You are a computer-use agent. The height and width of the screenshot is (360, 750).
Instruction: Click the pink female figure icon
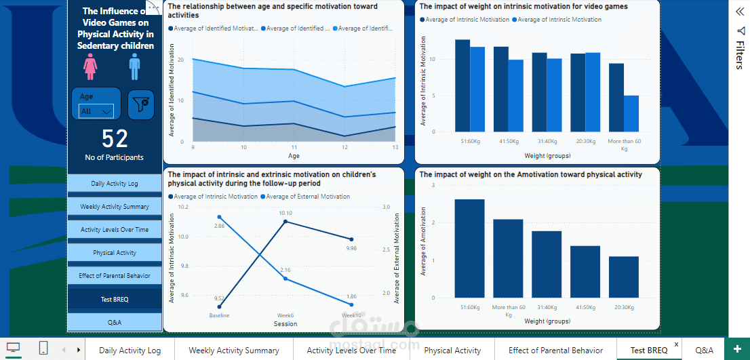click(x=90, y=68)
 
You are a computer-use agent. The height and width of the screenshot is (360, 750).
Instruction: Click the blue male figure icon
click(x=134, y=68)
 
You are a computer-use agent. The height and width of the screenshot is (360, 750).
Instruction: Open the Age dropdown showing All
click(x=96, y=111)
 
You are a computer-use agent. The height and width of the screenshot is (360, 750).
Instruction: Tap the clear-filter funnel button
click(x=141, y=104)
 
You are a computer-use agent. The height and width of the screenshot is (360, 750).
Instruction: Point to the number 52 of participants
click(x=115, y=139)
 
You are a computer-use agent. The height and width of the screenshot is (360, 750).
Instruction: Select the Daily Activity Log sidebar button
click(x=115, y=184)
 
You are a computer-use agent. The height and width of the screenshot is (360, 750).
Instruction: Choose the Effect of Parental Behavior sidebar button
click(x=115, y=276)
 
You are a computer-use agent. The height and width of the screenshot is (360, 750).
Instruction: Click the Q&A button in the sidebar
click(x=115, y=322)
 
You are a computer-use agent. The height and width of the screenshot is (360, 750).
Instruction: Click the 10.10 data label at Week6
click(x=285, y=214)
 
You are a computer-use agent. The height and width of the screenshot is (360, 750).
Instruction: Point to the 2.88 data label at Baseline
click(x=219, y=225)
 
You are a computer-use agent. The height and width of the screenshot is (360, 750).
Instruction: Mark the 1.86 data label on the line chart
click(x=351, y=297)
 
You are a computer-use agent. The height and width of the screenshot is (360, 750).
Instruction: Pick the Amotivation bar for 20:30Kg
click(x=623, y=277)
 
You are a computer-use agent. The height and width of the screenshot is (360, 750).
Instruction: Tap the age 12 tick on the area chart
click(x=344, y=147)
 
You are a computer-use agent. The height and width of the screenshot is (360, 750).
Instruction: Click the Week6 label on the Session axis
click(x=285, y=315)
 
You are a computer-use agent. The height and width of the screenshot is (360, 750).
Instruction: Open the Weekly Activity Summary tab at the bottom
click(x=233, y=351)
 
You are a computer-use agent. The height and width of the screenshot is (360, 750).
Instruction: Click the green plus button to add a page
click(x=737, y=350)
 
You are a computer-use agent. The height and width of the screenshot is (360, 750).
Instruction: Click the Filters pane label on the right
click(x=739, y=54)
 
